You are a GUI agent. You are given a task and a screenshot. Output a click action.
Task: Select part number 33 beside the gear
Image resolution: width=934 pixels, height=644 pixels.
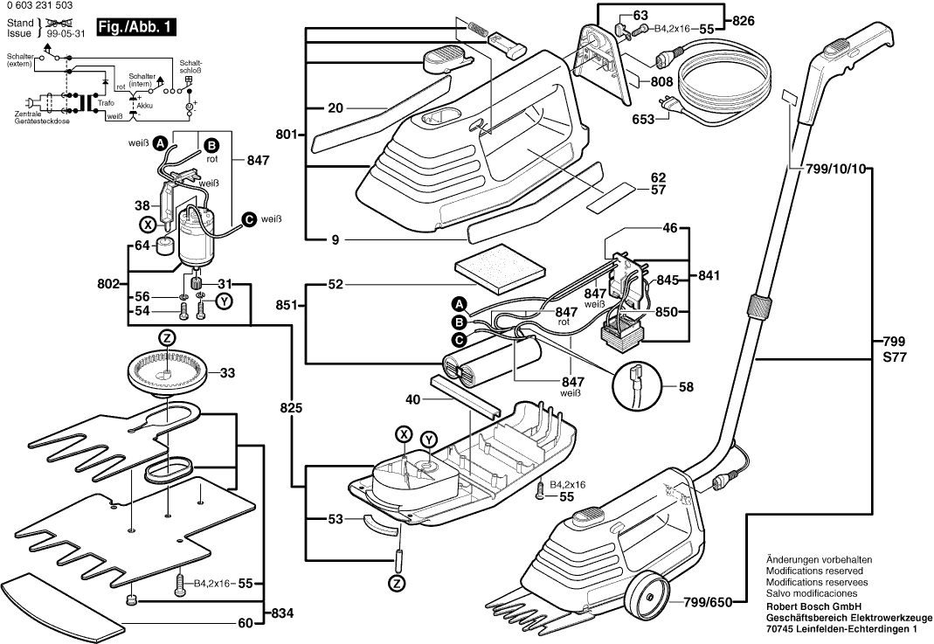click(x=227, y=373)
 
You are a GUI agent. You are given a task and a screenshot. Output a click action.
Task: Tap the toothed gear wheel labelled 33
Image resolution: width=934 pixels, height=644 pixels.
click(x=166, y=372)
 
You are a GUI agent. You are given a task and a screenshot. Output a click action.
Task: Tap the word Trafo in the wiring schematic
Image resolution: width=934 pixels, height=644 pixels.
click(x=106, y=103)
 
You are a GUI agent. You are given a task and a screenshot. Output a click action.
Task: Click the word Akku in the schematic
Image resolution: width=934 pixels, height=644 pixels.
click(x=145, y=104)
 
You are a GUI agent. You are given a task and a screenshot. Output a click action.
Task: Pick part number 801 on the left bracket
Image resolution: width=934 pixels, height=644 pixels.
click(x=286, y=135)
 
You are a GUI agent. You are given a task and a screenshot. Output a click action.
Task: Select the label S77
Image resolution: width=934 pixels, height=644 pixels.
click(x=895, y=356)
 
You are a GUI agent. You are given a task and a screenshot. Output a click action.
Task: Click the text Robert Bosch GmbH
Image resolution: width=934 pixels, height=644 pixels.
click(x=813, y=606)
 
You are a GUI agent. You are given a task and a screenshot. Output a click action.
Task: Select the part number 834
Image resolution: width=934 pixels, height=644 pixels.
click(x=282, y=613)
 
